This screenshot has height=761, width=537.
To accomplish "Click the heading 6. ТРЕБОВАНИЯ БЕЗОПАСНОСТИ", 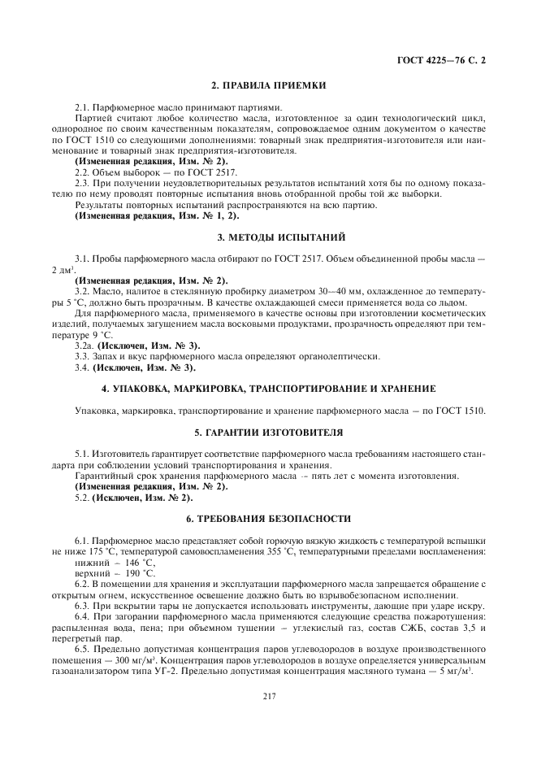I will (x=268, y=517).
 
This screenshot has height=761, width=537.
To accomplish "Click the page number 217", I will (x=268, y=694).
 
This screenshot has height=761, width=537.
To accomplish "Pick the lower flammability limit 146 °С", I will (x=140, y=563).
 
